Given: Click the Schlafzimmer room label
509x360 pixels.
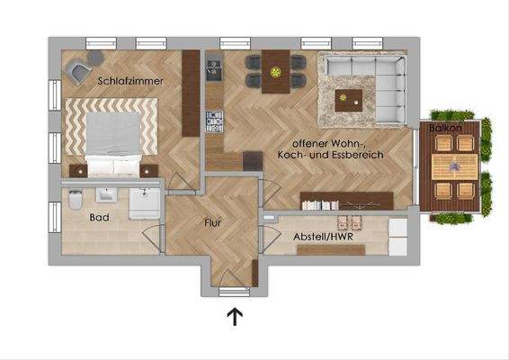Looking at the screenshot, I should pos(131,81).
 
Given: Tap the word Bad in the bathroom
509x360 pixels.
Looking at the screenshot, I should pos(99,218).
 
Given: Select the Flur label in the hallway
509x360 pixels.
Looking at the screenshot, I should pos(213,221).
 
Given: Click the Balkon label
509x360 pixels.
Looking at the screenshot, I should pos(446,129).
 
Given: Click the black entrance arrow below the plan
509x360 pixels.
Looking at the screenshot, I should pos(235,316).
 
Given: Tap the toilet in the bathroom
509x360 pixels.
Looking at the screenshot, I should pos(75,199).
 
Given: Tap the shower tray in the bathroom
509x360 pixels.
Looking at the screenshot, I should pos(146,203).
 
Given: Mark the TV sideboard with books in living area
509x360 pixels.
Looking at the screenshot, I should pos(346,200).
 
